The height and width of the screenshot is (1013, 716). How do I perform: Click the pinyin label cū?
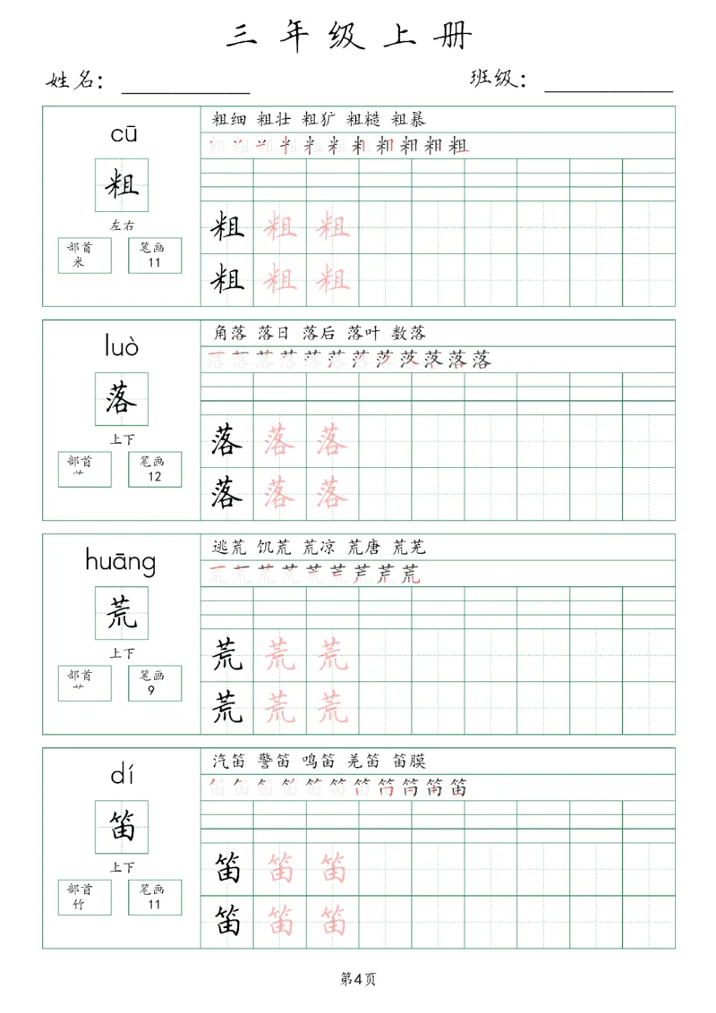[x=123, y=135]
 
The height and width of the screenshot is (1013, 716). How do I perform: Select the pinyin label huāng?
[x=121, y=562]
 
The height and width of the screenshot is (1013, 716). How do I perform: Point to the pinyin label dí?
[x=122, y=775]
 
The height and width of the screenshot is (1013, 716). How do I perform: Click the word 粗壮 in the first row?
[x=272, y=119]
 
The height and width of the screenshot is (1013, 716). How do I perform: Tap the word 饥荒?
[x=272, y=547]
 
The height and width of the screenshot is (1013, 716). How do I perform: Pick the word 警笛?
[x=272, y=761]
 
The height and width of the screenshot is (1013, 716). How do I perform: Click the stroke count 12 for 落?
[x=155, y=476]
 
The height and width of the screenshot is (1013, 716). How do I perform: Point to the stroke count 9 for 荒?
[x=155, y=690]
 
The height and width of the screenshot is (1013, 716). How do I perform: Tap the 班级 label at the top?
[x=498, y=80]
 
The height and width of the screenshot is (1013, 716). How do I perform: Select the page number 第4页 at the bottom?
[x=358, y=979]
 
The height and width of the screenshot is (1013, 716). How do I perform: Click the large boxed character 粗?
[x=122, y=185]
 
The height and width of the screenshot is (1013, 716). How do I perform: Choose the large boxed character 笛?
[x=122, y=826]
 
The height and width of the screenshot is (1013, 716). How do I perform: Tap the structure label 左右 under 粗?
[x=122, y=226]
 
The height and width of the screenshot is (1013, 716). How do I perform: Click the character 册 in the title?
[x=456, y=35]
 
